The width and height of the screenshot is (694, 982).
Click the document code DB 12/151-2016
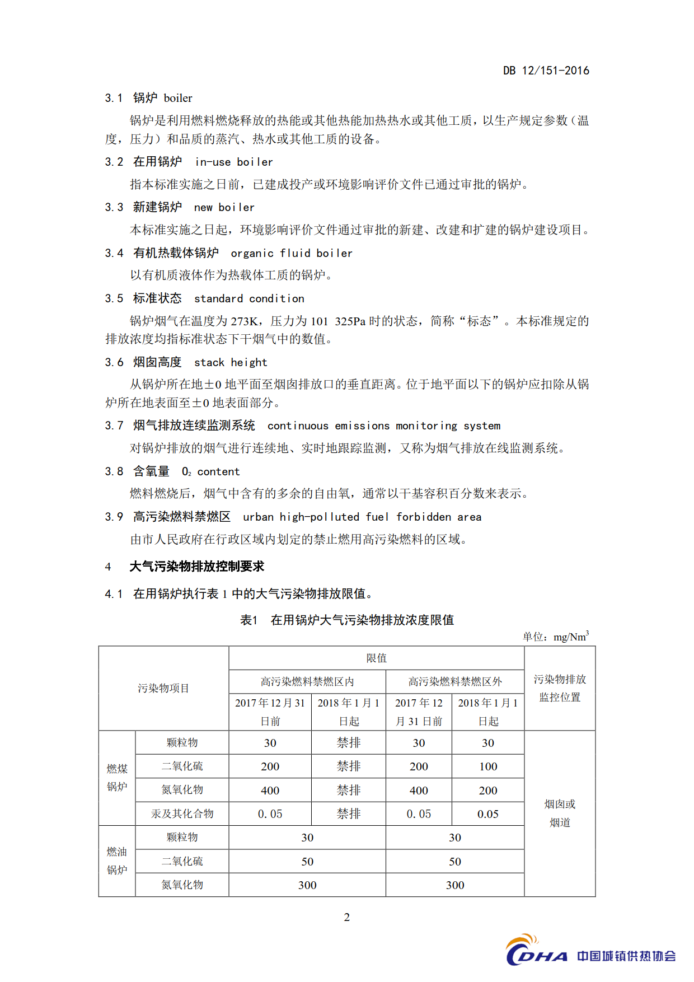[x=546, y=71]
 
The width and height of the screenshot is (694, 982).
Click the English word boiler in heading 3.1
[x=178, y=98]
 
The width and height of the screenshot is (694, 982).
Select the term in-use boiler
[x=233, y=162]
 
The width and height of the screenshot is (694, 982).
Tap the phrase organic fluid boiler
[x=292, y=253]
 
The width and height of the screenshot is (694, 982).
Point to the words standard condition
[x=249, y=298]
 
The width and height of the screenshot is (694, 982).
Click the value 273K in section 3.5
[x=244, y=321]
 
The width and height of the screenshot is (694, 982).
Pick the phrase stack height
[x=231, y=362]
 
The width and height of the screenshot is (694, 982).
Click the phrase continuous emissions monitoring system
[x=384, y=425]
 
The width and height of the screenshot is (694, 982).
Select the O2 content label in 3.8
[x=210, y=471]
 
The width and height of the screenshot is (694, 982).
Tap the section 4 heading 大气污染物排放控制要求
[x=196, y=566]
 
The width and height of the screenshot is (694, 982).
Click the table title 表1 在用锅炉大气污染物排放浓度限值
[x=347, y=620]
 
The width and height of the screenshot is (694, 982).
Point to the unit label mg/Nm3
[x=570, y=637]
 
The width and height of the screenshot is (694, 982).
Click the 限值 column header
[x=376, y=658]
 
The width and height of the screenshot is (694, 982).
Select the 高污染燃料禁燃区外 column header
[x=454, y=681]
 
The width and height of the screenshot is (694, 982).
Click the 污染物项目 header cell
[x=163, y=688]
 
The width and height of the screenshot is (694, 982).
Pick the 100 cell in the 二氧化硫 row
[x=487, y=766]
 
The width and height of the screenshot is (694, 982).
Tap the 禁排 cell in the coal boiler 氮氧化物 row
[x=348, y=790]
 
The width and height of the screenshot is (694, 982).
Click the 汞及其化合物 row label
[x=182, y=813]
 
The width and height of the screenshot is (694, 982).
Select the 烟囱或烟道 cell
[x=560, y=813]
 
